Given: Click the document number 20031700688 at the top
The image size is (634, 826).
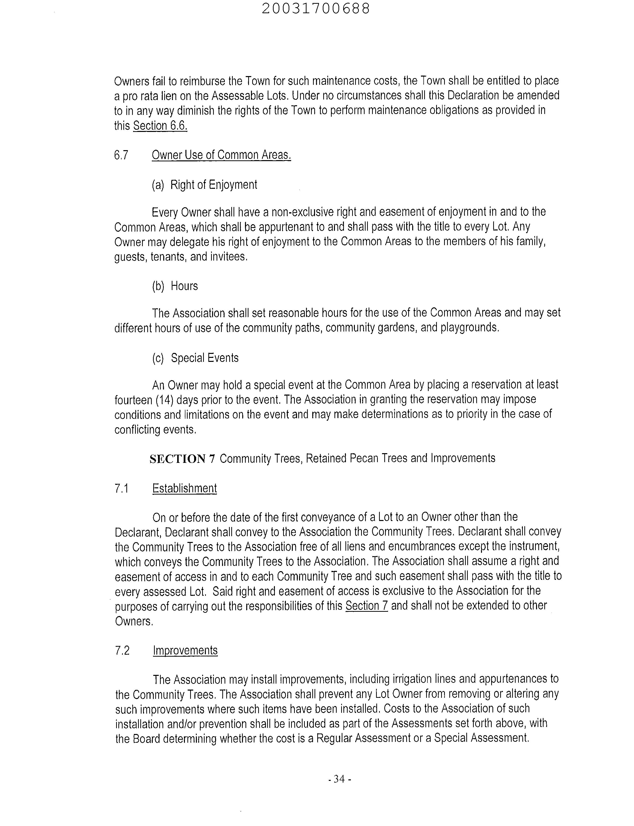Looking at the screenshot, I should click(x=316, y=9).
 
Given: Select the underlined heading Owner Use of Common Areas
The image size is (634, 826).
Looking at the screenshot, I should click(x=221, y=155).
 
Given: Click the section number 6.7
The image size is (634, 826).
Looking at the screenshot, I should click(x=121, y=155).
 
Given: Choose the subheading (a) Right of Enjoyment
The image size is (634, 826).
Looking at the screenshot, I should click(x=204, y=185).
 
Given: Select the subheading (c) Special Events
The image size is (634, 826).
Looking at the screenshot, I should click(x=195, y=358).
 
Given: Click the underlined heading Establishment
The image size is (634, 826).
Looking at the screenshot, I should click(x=184, y=488).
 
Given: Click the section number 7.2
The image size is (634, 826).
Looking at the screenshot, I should click(x=122, y=651).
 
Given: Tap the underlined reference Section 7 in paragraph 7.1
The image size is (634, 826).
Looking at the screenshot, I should click(x=366, y=606).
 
